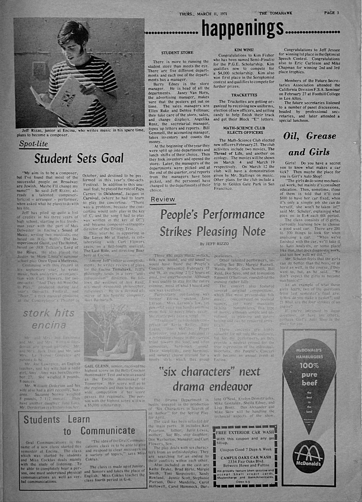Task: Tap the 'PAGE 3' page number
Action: click(x=331, y=13)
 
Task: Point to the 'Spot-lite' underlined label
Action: click(x=33, y=144)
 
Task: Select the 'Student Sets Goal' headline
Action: click(x=79, y=159)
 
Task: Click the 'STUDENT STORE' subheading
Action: click(x=177, y=53)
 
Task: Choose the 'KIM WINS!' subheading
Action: click(x=244, y=50)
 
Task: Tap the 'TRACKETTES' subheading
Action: click(x=244, y=95)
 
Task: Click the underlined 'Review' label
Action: click(x=163, y=199)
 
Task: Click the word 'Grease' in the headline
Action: click(x=321, y=136)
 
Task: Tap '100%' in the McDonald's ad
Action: click(x=309, y=366)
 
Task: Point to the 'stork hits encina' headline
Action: click(x=48, y=319)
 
